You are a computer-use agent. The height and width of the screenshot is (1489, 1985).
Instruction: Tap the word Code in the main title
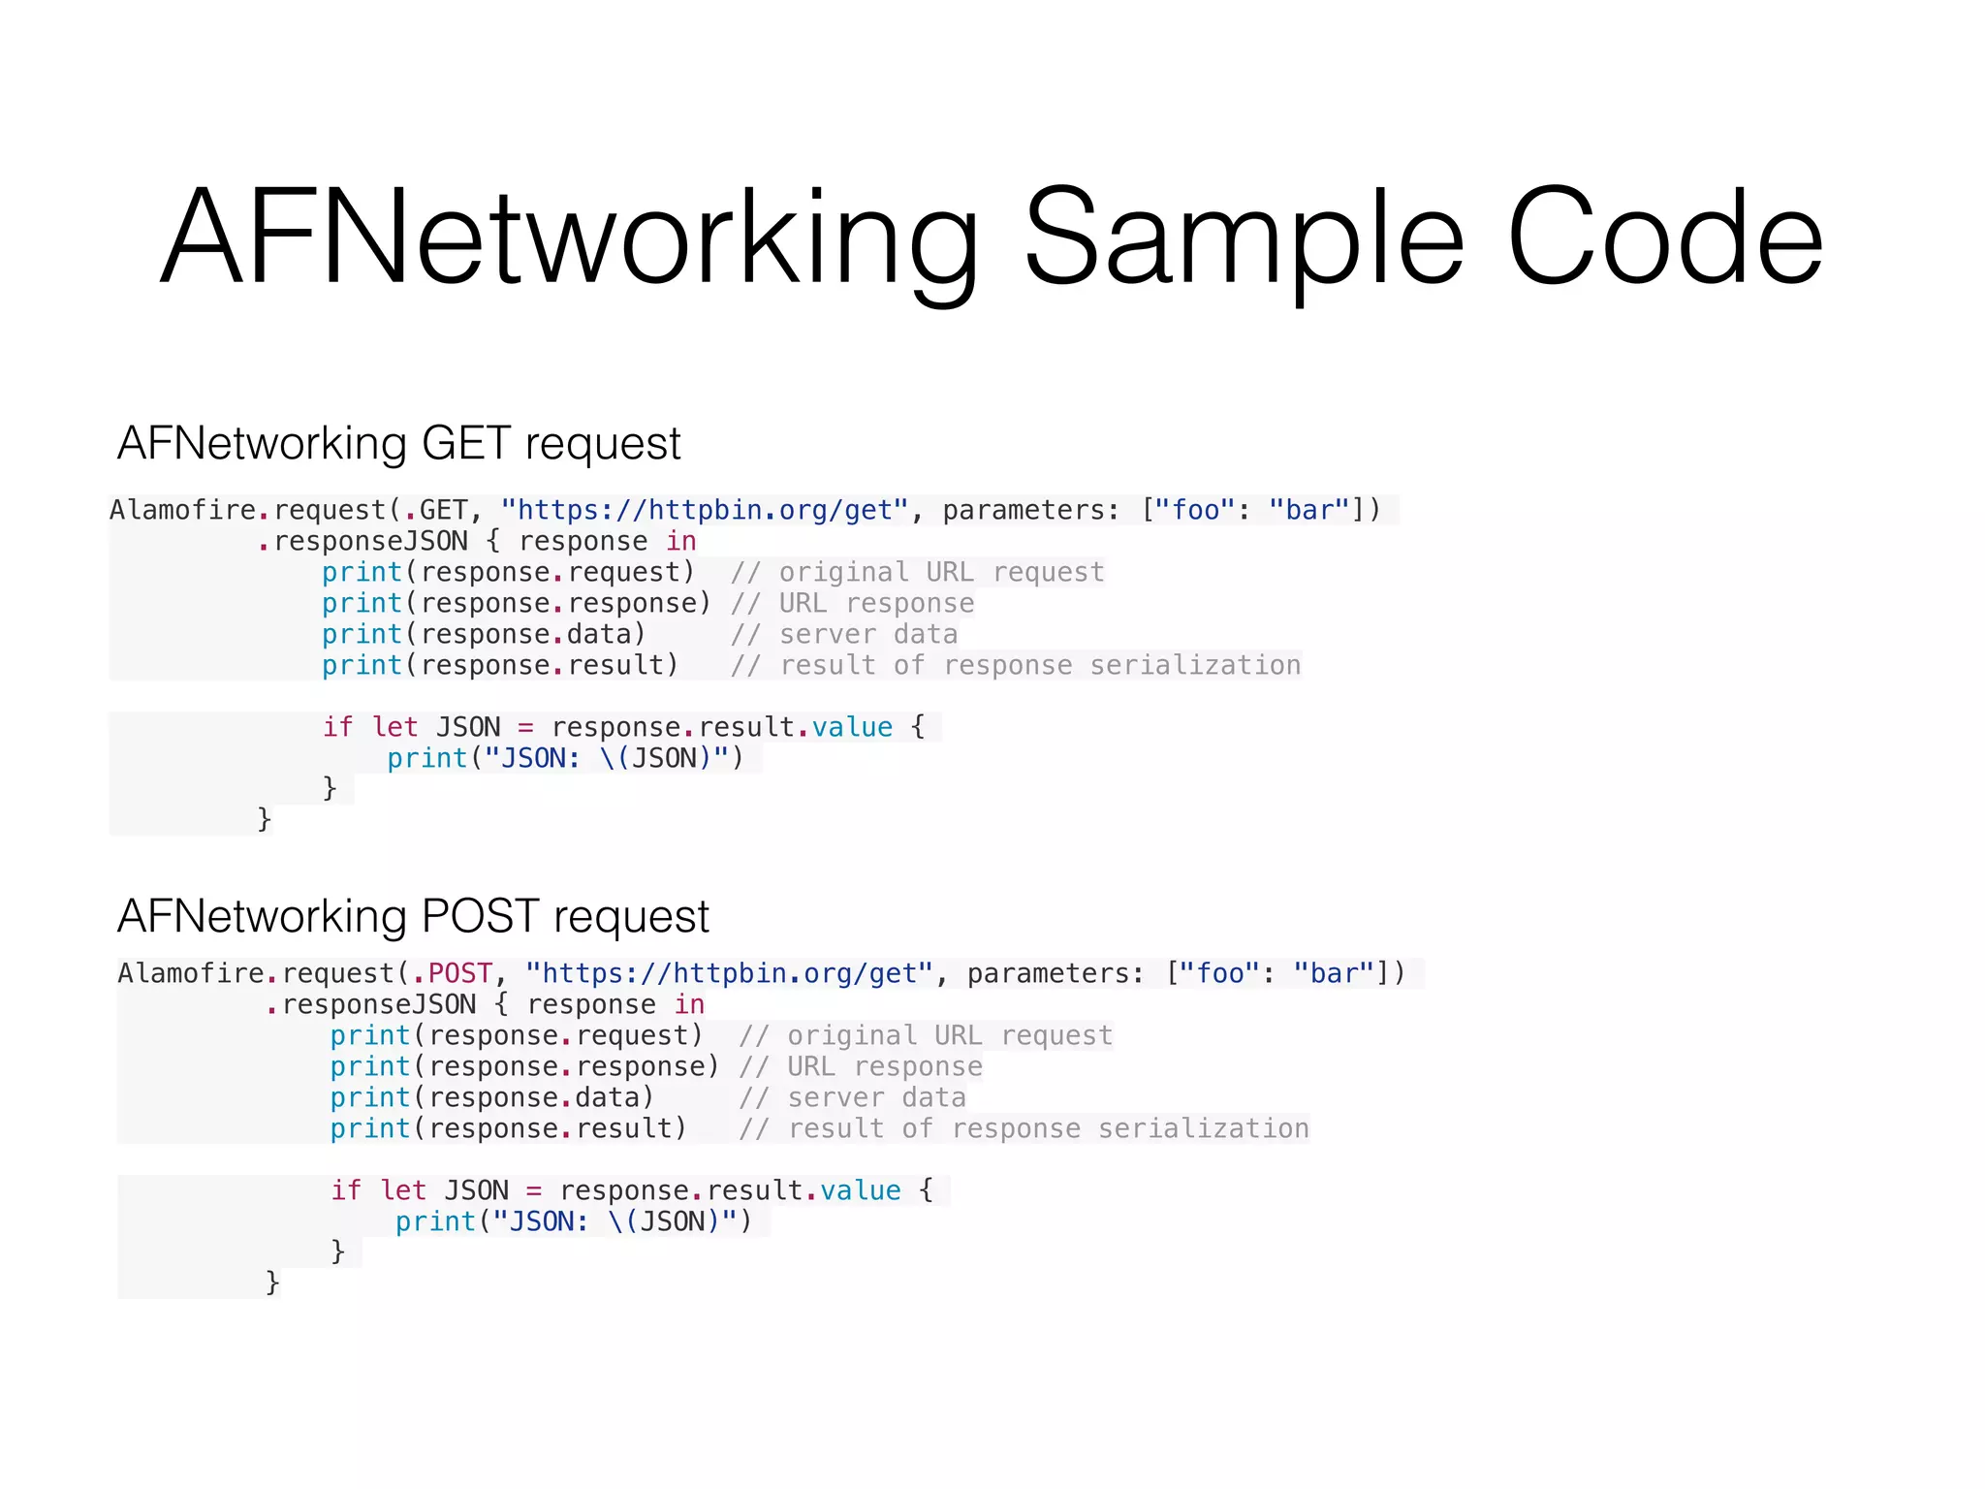click(1665, 238)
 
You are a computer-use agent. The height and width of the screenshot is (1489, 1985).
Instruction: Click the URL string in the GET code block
click(705, 510)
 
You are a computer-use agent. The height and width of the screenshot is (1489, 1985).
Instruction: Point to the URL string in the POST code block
click(729, 973)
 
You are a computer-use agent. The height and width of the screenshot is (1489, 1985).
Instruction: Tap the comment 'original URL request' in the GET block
click(918, 572)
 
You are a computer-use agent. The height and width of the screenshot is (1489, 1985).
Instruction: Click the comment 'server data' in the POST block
click(853, 1097)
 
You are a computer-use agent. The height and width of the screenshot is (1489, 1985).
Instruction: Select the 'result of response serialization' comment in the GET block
click(1016, 665)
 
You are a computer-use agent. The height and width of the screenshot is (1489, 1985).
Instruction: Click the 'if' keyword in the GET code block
click(337, 727)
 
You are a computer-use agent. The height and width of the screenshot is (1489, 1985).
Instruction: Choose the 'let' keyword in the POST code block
click(403, 1190)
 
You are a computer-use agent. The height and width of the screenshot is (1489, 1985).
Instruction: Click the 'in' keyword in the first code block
click(681, 541)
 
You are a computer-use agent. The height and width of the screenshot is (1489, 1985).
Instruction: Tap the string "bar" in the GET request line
click(1309, 510)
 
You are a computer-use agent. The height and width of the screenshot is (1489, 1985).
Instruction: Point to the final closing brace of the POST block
click(272, 1283)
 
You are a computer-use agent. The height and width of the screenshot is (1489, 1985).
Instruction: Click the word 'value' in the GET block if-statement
click(852, 727)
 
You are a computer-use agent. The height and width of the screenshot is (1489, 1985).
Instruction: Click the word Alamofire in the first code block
click(182, 510)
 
